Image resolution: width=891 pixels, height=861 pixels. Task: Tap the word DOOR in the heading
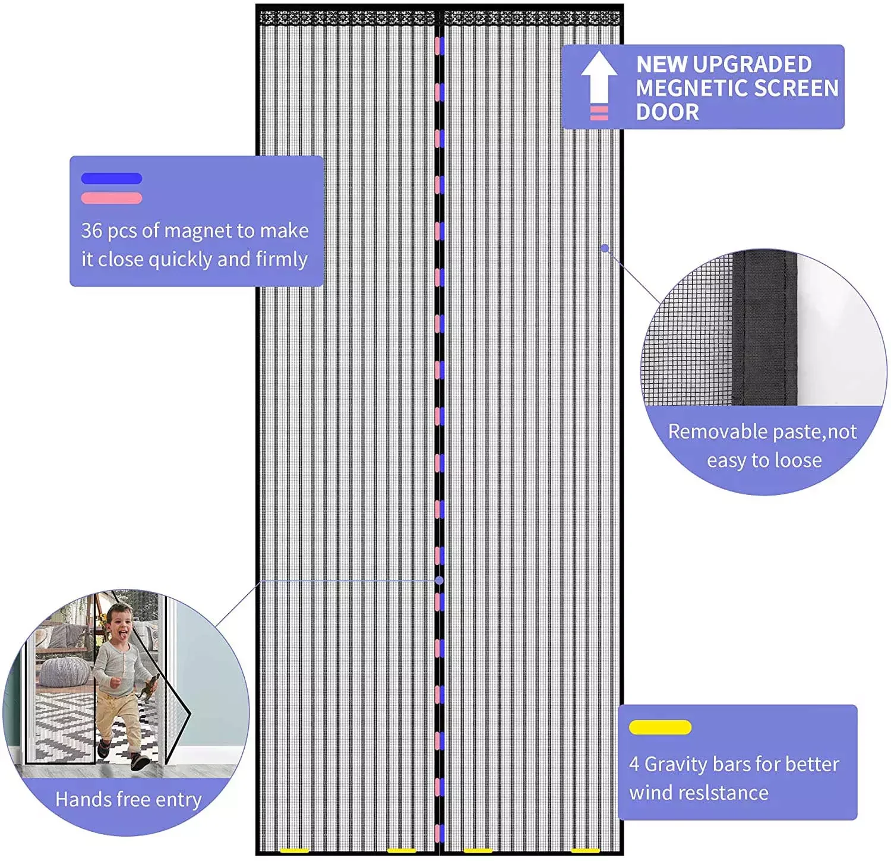click(667, 112)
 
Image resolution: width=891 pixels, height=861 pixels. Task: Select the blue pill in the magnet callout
click(111, 178)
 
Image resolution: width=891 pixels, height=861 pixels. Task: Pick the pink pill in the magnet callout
click(111, 198)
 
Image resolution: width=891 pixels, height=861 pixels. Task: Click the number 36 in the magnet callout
click(91, 231)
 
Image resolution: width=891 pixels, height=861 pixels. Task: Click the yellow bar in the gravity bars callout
click(660, 727)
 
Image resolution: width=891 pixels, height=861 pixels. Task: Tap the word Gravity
click(675, 764)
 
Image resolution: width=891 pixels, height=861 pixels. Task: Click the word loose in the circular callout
click(794, 461)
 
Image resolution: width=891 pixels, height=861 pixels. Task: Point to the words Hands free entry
click(128, 799)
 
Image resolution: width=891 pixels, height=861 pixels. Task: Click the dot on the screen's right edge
click(605, 248)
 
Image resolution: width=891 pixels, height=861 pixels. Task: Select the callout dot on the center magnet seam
click(440, 580)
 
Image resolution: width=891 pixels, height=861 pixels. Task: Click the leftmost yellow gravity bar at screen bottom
click(294, 851)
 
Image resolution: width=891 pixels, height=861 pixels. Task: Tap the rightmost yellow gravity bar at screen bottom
click(585, 851)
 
